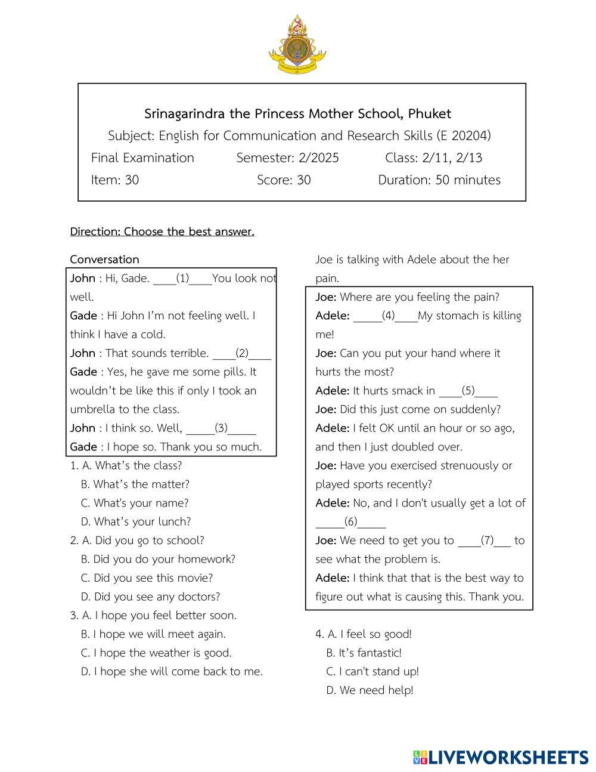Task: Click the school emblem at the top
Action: (x=297, y=44)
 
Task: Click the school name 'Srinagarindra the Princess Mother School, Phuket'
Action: (x=297, y=113)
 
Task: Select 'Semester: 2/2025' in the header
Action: (x=287, y=158)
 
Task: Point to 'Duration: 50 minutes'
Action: (x=439, y=180)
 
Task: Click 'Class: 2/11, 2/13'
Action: (x=433, y=158)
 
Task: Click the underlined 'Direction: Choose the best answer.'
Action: (x=162, y=231)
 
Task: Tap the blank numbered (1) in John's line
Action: (x=182, y=278)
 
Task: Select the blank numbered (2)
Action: (x=242, y=353)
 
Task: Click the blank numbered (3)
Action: (x=221, y=428)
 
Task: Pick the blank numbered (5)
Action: (x=468, y=391)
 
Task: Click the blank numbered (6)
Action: (x=350, y=522)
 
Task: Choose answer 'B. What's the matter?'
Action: (x=135, y=484)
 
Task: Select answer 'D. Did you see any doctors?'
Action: (x=150, y=597)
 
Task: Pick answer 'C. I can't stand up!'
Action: (x=372, y=671)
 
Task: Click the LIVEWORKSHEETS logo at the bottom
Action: (x=501, y=757)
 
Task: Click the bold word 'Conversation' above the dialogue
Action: (x=104, y=260)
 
